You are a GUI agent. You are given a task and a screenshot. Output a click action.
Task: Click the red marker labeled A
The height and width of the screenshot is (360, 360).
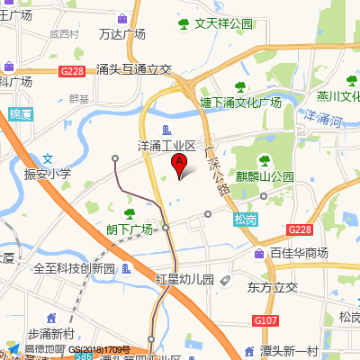point(179,164)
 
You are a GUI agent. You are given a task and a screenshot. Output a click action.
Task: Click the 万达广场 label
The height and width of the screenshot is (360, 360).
point(122,34)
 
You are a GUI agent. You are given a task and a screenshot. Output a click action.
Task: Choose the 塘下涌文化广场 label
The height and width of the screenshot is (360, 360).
point(240,102)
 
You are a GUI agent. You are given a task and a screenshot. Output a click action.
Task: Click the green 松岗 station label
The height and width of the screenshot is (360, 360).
point(245,219)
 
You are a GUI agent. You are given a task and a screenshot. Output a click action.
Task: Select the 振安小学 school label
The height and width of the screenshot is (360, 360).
point(48,174)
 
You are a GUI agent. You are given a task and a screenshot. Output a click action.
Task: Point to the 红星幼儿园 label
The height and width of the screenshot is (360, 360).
point(184,279)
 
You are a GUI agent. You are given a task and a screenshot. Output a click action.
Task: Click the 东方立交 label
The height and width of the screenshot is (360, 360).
point(272,288)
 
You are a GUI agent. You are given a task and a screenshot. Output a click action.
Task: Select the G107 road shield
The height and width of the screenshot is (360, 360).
point(265,320)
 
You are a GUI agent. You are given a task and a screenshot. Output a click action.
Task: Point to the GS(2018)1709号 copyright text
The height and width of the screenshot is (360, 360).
point(100,349)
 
